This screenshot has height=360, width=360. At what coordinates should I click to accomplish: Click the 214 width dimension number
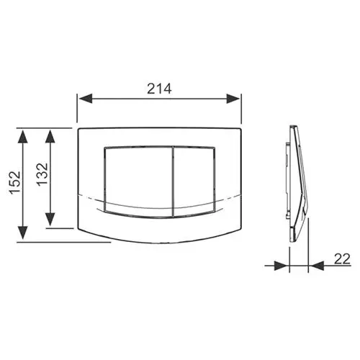pyautogui.click(x=159, y=89)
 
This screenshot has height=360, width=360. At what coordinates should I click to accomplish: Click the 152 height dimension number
pyautogui.click(x=15, y=182)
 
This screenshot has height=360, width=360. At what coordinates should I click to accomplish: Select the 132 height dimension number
pyautogui.click(x=42, y=174)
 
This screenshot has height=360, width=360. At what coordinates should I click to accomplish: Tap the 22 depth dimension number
pyautogui.click(x=342, y=258)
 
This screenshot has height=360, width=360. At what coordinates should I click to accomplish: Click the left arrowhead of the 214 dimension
pyautogui.click(x=86, y=99)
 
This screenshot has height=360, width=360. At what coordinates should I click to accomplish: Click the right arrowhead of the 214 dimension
pyautogui.click(x=233, y=99)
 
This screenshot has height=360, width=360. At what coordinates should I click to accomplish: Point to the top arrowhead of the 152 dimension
pyautogui.click(x=23, y=137)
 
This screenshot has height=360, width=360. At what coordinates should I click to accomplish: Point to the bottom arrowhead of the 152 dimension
pyautogui.click(x=23, y=233)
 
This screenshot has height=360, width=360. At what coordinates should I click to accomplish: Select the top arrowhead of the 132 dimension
pyautogui.click(x=50, y=137)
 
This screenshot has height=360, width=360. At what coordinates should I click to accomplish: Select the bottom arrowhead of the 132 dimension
pyautogui.click(x=50, y=219)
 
